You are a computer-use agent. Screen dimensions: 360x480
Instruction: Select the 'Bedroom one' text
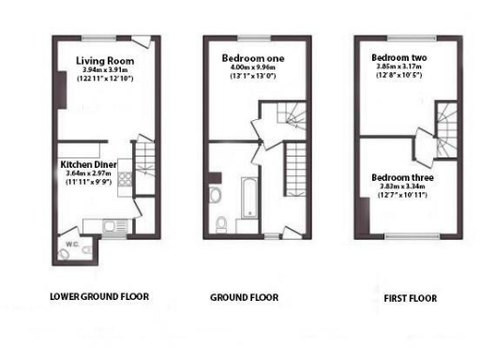click(252, 58)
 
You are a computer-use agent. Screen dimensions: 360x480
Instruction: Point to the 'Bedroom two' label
click(398, 55)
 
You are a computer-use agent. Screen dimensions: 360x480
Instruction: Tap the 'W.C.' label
click(71, 246)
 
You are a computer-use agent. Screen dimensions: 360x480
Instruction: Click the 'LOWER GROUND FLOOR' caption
click(99, 297)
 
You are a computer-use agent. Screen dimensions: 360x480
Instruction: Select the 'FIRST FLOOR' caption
click(410, 298)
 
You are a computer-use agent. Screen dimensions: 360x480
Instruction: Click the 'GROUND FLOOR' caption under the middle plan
click(244, 298)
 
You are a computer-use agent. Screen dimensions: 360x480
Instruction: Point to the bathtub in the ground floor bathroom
click(252, 200)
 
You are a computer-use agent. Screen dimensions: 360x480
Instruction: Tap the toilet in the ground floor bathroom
click(220, 223)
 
